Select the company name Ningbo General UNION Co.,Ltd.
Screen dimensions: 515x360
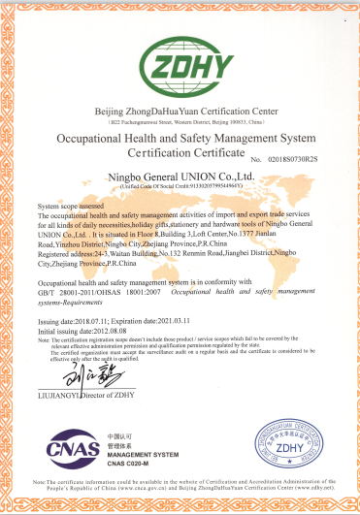coord(180,176)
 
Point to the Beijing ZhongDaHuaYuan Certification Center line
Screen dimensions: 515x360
coord(180,112)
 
